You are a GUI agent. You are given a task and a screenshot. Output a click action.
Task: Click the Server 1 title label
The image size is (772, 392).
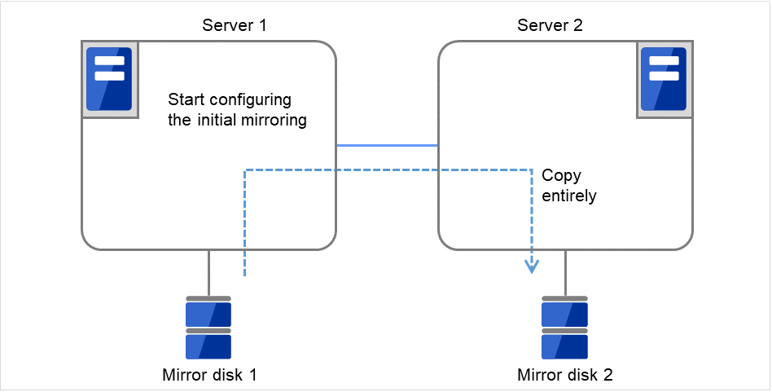tap(235, 25)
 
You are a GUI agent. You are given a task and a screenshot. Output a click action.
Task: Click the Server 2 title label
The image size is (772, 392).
tap(550, 25)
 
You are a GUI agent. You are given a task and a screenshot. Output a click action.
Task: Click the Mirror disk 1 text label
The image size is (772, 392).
tap(209, 375)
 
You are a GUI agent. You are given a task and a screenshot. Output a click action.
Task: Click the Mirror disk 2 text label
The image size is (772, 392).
tap(565, 375)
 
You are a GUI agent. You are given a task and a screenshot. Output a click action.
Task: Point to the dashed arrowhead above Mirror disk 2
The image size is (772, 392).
tap(532, 266)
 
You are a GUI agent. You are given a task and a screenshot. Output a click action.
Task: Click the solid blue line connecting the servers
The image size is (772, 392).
tap(388, 145)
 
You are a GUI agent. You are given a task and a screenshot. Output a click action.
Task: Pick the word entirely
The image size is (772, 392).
tap(569, 196)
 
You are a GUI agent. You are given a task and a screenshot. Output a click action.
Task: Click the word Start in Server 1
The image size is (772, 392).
tap(183, 100)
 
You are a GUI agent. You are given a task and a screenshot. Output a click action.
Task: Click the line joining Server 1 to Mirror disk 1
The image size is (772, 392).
tap(208, 272)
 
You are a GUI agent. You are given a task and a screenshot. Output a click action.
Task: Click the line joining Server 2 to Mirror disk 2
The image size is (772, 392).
tap(564, 272)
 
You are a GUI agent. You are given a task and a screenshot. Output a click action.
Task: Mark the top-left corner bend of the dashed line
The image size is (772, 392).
tap(245, 170)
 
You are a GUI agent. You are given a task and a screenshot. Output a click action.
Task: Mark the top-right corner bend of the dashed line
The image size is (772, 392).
tap(532, 170)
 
